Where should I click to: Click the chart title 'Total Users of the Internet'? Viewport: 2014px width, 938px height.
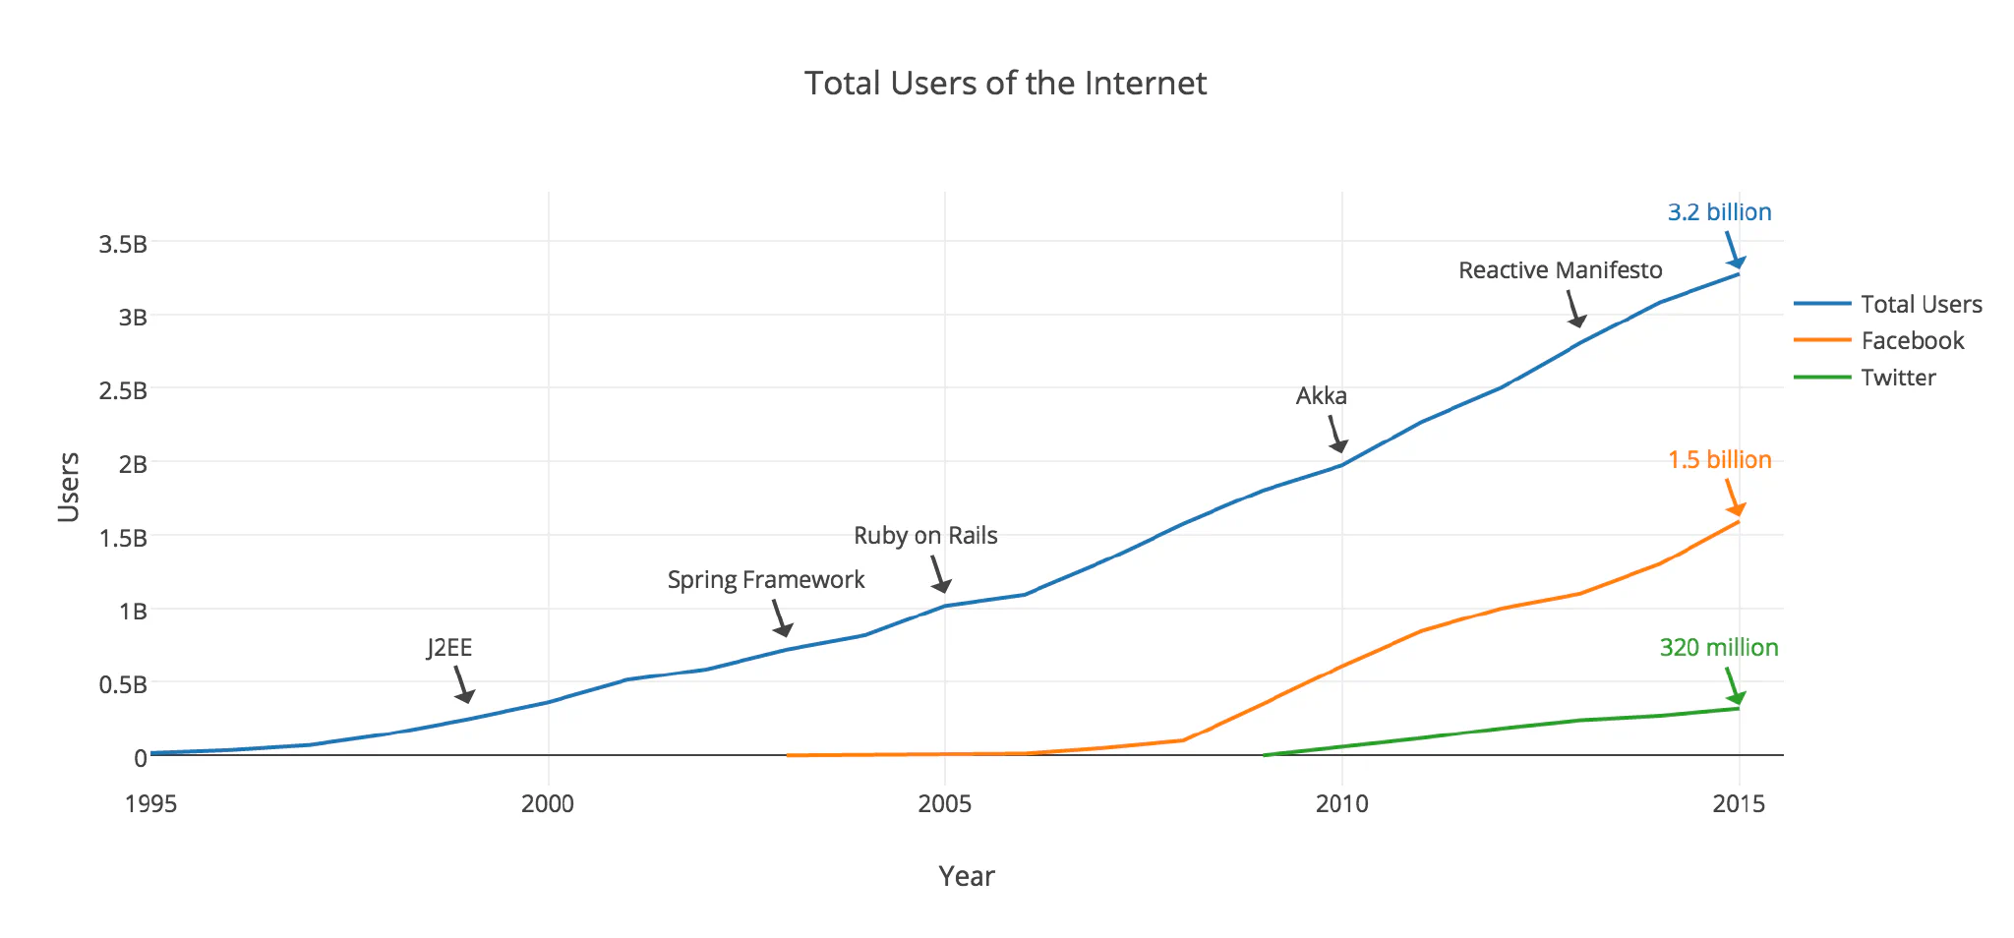[1005, 84]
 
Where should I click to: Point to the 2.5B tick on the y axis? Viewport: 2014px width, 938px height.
[122, 390]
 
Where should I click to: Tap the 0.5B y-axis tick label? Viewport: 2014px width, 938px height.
[122, 684]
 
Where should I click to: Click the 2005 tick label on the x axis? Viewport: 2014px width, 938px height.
[945, 804]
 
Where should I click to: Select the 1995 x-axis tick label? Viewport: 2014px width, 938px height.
[151, 804]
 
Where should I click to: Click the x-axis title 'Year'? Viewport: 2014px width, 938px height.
[967, 876]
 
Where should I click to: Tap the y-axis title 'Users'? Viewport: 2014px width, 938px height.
[69, 487]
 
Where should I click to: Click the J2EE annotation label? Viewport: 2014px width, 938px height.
[449, 648]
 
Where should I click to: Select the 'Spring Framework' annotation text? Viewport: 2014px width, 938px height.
[766, 580]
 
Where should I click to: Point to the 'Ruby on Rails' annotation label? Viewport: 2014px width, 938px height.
[925, 536]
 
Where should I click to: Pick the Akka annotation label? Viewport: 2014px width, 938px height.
[1322, 396]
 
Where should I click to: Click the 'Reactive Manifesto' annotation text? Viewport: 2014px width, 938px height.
[1561, 270]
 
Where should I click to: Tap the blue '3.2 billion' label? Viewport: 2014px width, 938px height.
[1720, 212]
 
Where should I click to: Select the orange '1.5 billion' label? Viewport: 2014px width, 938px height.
[1720, 460]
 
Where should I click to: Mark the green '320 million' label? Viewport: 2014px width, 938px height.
[1719, 648]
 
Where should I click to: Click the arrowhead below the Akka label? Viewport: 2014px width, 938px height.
[1338, 446]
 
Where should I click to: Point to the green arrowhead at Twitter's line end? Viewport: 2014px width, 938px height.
[1737, 698]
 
